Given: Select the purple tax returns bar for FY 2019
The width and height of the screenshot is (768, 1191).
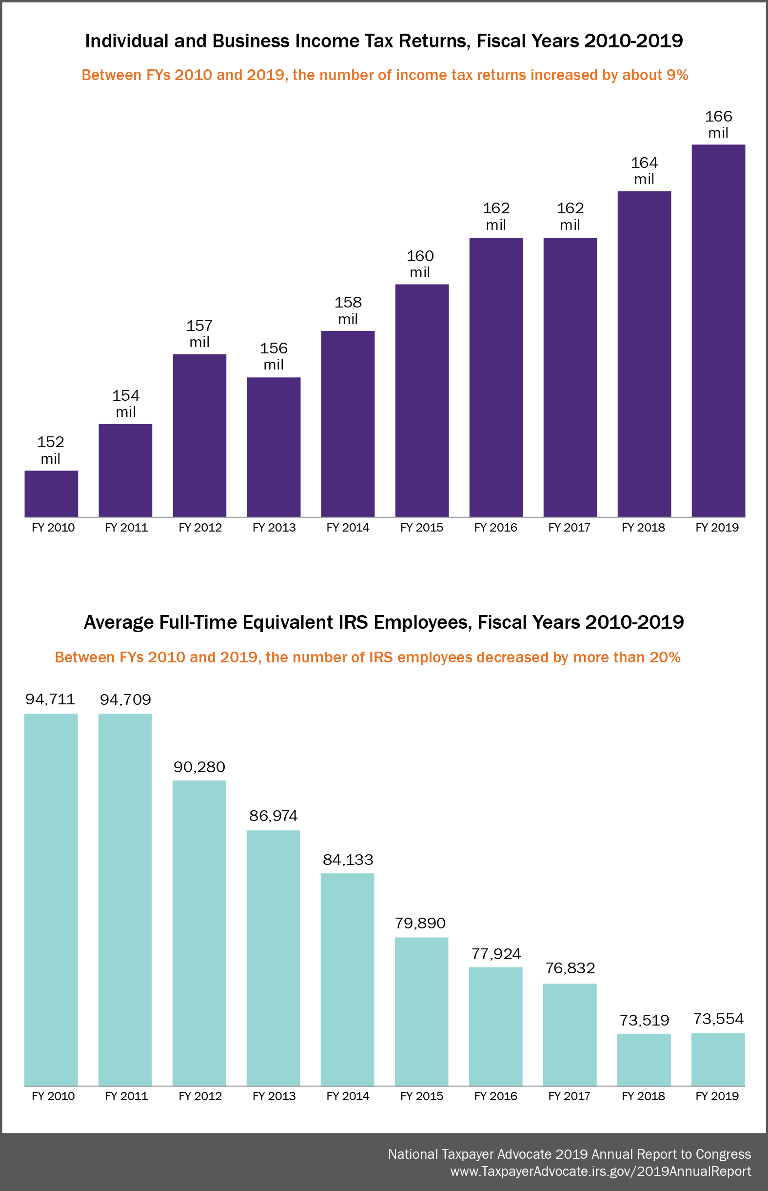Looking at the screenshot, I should pos(718,330).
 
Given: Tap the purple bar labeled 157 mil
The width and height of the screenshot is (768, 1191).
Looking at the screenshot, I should pos(199,435).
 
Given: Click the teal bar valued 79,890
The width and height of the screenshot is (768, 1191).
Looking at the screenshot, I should pos(421,1011).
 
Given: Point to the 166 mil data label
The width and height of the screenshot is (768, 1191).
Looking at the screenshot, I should pos(718,124).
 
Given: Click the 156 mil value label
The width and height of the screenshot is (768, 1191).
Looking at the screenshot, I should pos(274,356).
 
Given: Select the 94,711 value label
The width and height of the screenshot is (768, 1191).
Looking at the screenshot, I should pos(50,699).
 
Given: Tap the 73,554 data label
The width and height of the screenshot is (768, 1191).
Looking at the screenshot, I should pos(718,1019).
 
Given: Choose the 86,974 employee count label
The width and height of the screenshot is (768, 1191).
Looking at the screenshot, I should pos(273,816).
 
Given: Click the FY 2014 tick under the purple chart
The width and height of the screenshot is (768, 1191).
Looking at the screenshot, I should pos(348,528).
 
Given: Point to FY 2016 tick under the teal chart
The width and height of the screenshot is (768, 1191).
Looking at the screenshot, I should pos(495,1096).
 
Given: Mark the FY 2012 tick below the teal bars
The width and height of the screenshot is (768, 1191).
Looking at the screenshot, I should pos(200,1096).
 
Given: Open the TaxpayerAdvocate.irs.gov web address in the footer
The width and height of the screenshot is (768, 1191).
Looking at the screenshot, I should pos(600,1171).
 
